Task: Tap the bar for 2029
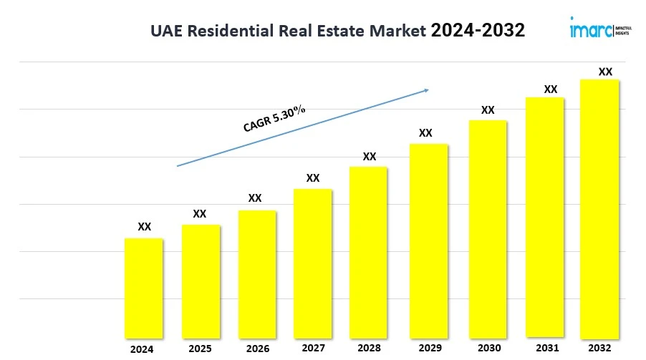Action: (428, 240)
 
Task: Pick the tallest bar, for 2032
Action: (599, 208)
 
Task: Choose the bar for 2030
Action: (488, 228)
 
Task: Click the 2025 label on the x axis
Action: (201, 349)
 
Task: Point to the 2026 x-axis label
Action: (258, 349)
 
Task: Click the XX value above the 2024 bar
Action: (145, 227)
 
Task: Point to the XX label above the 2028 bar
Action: (370, 157)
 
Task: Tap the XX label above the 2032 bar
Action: (605, 72)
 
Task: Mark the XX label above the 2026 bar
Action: (255, 198)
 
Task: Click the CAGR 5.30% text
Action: (274, 119)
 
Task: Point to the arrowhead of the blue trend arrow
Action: (426, 89)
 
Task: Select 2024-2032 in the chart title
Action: (478, 30)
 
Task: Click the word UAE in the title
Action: (166, 31)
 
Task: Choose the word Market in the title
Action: (397, 31)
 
